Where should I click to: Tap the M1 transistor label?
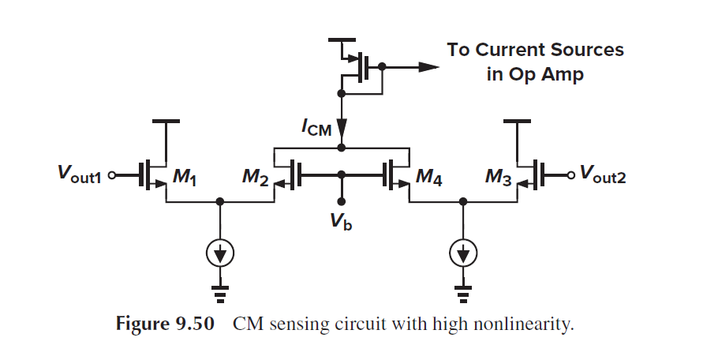pyautogui.click(x=184, y=181)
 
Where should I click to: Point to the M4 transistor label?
pyautogui.click(x=428, y=181)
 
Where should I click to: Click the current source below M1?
pyautogui.click(x=220, y=253)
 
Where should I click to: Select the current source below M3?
pyautogui.click(x=464, y=253)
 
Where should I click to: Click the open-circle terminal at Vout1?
pyautogui.click(x=113, y=175)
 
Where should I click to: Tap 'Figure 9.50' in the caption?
pyautogui.click(x=165, y=325)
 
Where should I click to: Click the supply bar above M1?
pyautogui.click(x=166, y=122)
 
